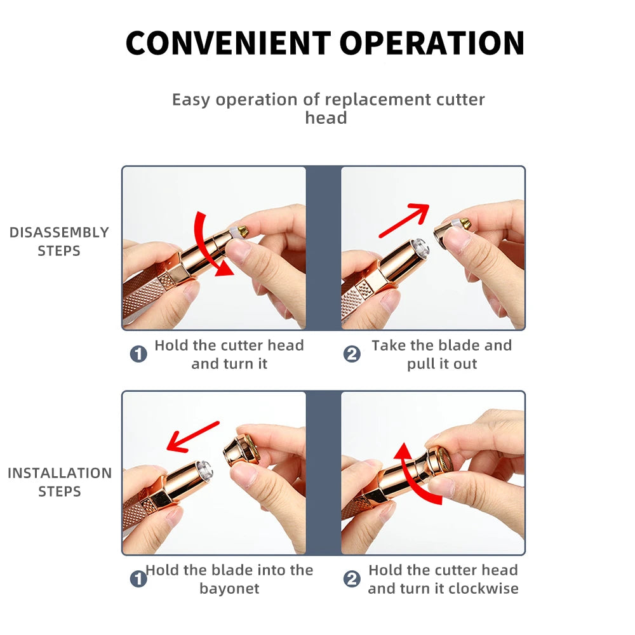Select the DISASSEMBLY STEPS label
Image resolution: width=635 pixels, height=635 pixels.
pos(59,241)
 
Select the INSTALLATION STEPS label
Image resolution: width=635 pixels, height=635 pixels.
pos(60,482)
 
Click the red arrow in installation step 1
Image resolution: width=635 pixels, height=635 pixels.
pos(193,437)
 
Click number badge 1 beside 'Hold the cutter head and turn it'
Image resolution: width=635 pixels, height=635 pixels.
pos(138,354)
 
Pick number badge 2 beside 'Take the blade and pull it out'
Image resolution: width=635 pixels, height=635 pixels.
pos(352,354)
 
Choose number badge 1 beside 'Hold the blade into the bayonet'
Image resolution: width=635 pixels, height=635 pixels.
pos(138,578)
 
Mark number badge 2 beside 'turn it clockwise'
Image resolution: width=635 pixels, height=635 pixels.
pos(352,578)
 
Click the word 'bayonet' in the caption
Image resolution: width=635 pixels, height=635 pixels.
pos(229,589)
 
